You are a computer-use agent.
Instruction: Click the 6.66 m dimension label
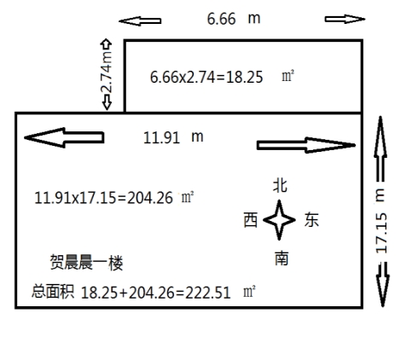click(234, 19)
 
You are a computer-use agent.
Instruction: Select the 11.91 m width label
click(173, 137)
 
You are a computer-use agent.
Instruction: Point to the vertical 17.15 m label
click(381, 221)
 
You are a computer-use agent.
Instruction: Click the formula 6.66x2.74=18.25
click(206, 77)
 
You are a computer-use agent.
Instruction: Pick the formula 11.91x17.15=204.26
click(103, 198)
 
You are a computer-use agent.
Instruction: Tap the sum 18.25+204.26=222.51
click(155, 293)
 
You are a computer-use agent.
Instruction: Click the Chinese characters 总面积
click(53, 291)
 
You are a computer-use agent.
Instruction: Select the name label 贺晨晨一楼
click(86, 262)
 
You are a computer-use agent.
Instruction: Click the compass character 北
click(280, 185)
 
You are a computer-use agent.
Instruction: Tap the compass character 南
click(282, 258)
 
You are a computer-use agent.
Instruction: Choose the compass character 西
click(251, 220)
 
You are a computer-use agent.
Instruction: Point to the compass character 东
click(311, 220)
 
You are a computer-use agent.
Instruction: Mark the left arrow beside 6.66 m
click(140, 21)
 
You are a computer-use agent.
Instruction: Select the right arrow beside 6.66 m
click(345, 19)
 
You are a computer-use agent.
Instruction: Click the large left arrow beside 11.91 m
click(64, 137)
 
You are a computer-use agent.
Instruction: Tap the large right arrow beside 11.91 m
click(306, 145)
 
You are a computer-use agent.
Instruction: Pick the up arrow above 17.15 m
click(380, 148)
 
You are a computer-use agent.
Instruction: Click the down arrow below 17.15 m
click(382, 285)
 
